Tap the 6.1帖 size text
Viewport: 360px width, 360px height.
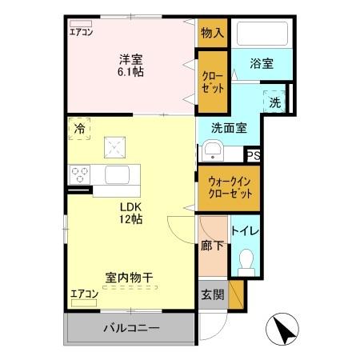point(130,70)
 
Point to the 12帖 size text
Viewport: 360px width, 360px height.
point(130,218)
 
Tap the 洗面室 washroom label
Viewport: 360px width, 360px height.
point(229,126)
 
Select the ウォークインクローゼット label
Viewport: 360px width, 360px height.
point(230,187)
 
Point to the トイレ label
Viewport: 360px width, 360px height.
point(246,231)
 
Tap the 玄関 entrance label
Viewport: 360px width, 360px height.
point(212,294)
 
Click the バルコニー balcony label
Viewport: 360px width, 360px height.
point(130,328)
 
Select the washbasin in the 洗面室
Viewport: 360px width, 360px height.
point(212,150)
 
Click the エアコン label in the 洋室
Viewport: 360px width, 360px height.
point(82,32)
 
